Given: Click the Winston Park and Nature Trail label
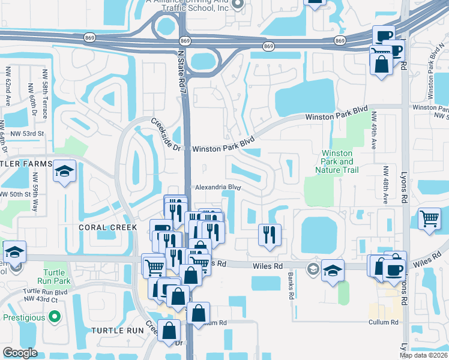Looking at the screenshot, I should [x=337, y=161].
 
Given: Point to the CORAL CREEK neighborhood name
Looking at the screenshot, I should [x=108, y=227].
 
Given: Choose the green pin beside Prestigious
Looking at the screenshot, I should [x=55, y=316].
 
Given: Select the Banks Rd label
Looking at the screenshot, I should [x=290, y=287].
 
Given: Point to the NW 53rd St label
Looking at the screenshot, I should [x=24, y=133].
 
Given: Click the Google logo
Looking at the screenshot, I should [x=20, y=353].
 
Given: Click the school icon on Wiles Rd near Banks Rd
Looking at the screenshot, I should [x=332, y=270].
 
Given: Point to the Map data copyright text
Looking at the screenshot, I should [x=423, y=355].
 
